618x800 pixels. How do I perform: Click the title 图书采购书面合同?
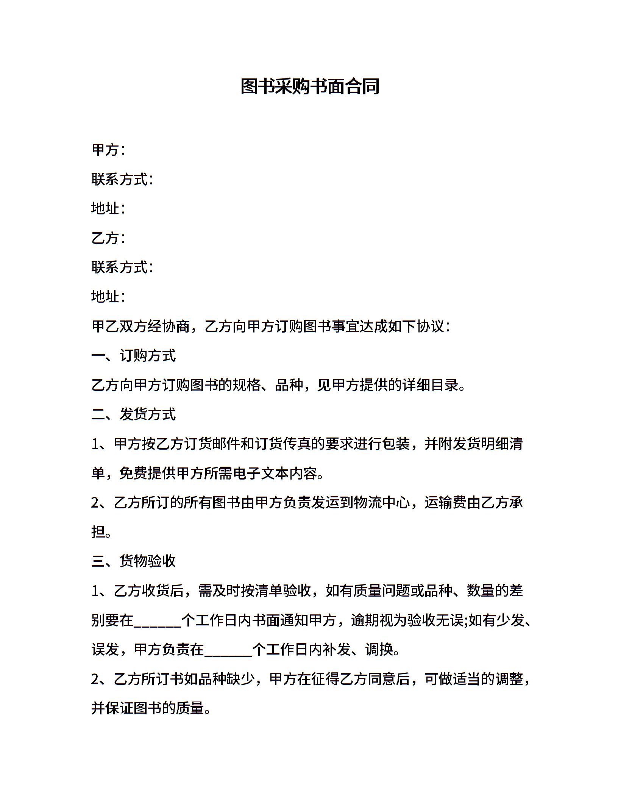tap(310, 87)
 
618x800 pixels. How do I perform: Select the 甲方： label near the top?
tap(108, 150)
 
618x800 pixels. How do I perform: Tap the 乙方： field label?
tap(108, 238)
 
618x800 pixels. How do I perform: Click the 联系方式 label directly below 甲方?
tap(122, 179)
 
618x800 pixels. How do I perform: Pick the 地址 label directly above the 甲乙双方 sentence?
tap(108, 297)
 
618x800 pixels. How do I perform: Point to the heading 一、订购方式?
tap(134, 356)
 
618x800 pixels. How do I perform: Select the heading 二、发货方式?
tap(134, 414)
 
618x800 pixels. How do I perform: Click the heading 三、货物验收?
tap(134, 561)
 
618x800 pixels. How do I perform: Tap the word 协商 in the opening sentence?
tap(176, 326)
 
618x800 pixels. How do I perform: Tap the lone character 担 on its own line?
tap(98, 532)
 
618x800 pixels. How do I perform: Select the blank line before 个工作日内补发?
tap(228, 650)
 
